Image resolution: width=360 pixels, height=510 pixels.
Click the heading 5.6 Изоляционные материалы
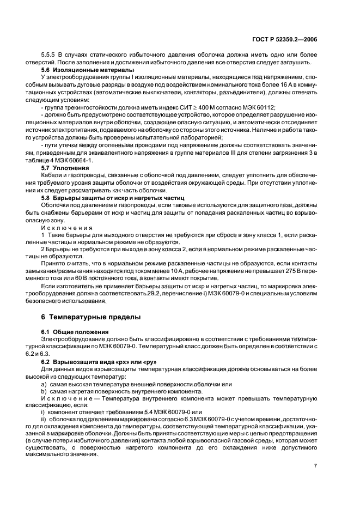[81, 70]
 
